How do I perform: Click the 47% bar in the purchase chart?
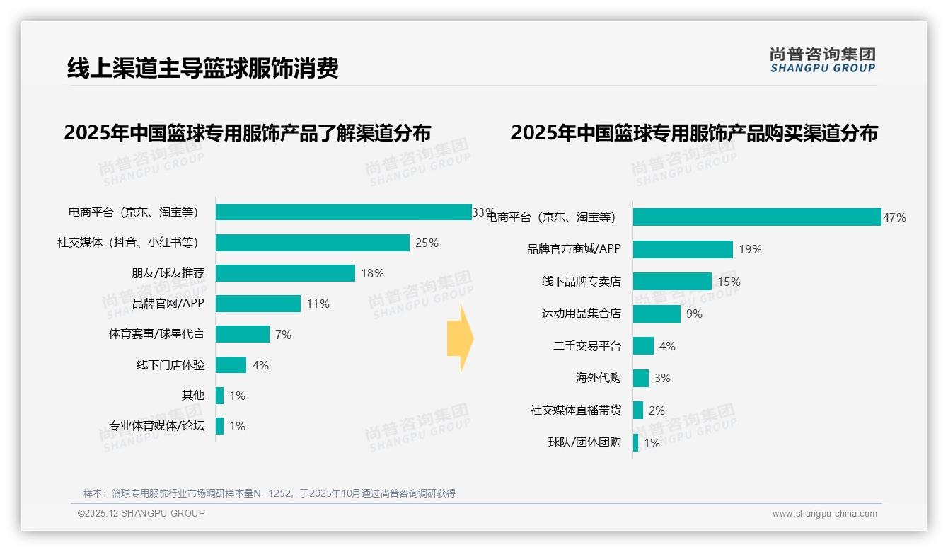757,217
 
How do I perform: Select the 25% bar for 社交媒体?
312,243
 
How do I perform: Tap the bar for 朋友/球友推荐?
285,273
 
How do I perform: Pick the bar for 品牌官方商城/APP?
683,249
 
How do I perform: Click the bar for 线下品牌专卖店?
672,282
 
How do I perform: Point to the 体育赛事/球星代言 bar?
242,334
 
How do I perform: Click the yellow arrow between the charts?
461,339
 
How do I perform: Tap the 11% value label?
318,304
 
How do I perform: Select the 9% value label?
694,314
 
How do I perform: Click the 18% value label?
372,273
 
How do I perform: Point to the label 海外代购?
598,378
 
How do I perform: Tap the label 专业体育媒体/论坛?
156,426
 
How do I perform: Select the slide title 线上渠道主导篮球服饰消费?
203,68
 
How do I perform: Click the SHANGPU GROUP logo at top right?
822,60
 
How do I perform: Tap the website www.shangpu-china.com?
824,514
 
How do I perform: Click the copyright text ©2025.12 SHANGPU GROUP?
141,513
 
